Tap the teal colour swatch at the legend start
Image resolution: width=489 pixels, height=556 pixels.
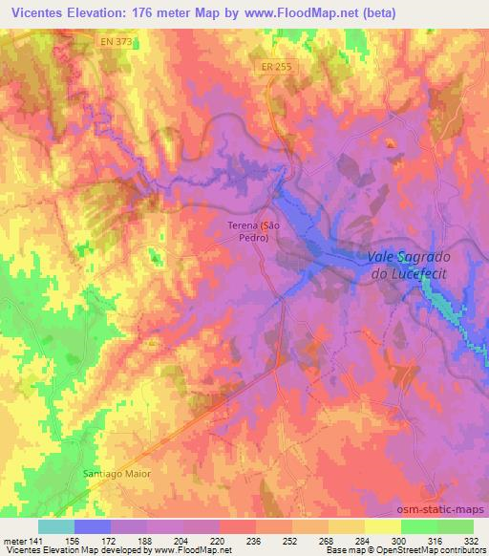(56, 525)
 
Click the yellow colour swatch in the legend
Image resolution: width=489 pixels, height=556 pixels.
(382, 525)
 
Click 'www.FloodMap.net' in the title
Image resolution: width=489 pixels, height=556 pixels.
(295, 11)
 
